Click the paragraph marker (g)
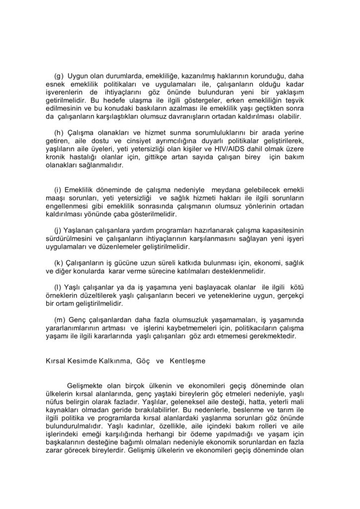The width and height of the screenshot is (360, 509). point(59,76)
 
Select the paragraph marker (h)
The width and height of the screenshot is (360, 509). point(59,133)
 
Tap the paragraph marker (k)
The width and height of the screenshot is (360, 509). point(59,263)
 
